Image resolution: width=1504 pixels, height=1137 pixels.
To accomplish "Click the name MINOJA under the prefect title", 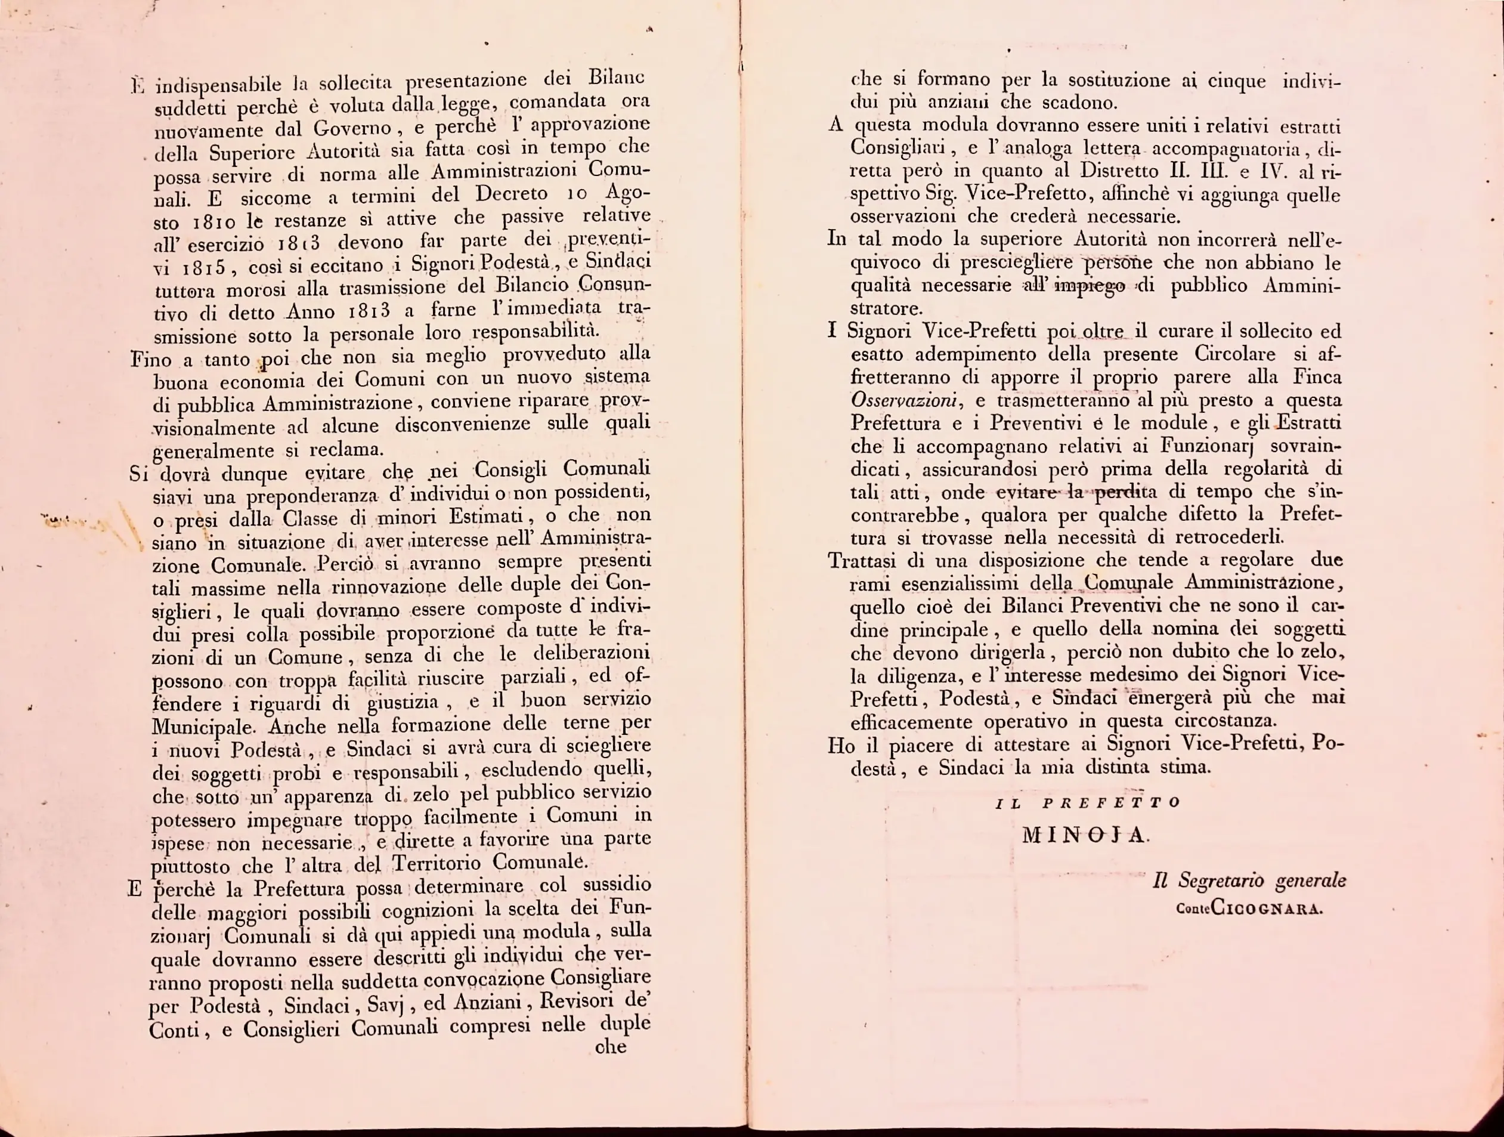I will [1084, 835].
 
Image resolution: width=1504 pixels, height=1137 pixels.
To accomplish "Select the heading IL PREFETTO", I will [1087, 802].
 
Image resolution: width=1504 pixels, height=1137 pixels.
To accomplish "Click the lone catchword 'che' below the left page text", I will [610, 1046].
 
